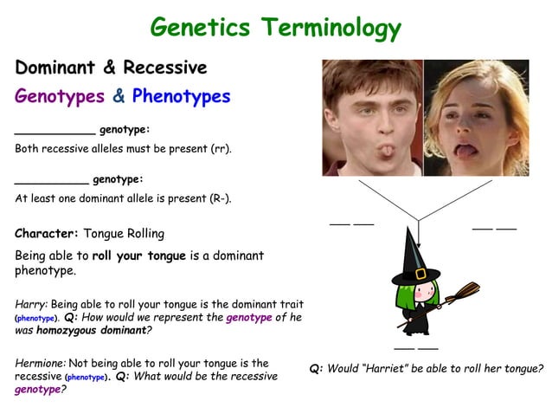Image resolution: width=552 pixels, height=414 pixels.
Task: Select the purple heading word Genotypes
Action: point(59,96)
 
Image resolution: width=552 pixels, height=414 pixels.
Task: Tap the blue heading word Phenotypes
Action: point(181,96)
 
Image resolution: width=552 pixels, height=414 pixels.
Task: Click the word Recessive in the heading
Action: point(165,68)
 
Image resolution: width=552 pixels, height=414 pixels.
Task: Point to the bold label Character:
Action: point(47,234)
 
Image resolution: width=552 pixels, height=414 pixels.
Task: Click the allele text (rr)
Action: point(221,149)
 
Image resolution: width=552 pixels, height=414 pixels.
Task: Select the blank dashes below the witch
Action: point(415,348)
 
